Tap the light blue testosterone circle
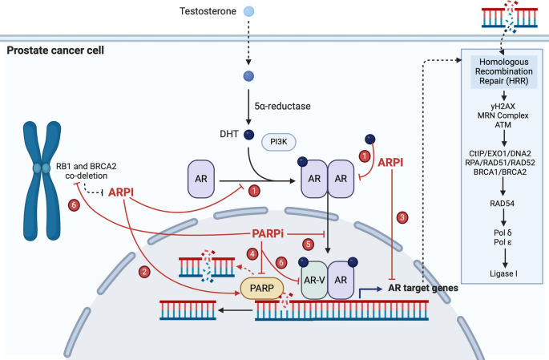pos(249,12)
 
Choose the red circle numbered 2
pos(144,272)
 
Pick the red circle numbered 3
pos(403,216)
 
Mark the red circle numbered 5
pos(306,244)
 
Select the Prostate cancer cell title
pos(55,51)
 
